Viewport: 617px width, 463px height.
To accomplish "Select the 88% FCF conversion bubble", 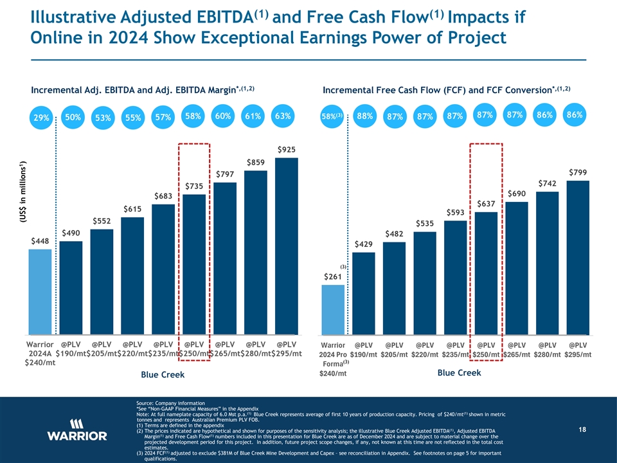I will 365,116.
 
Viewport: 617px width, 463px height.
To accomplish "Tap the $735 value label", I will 194,186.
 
